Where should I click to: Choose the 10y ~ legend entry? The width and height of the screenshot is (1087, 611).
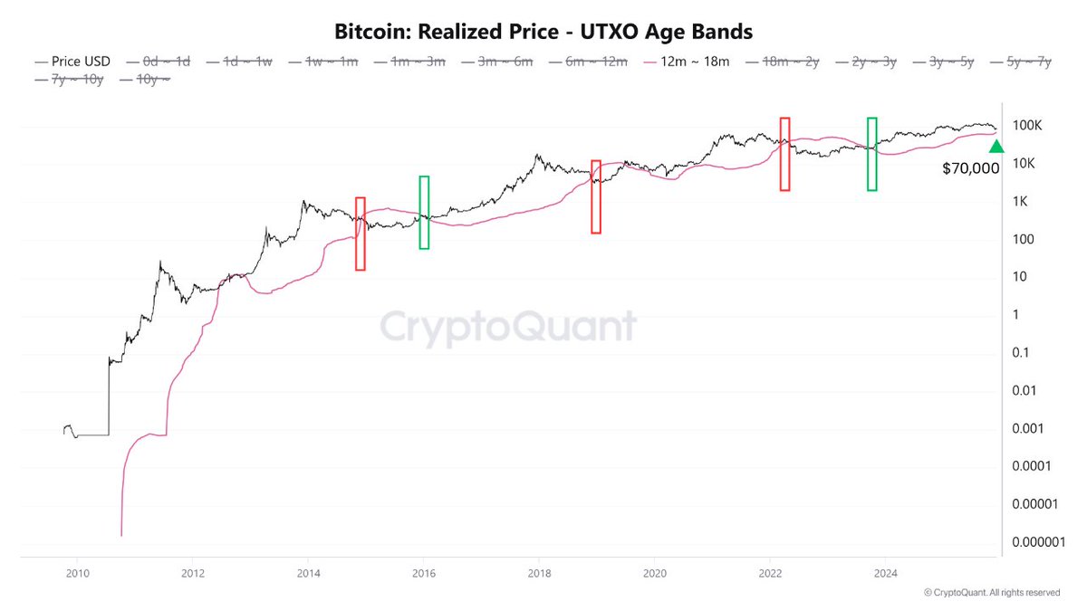[145, 80]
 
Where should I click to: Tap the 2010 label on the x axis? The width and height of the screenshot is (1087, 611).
[77, 572]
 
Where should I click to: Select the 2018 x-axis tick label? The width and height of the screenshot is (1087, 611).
[539, 572]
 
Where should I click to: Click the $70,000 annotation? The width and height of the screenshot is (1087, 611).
[970, 168]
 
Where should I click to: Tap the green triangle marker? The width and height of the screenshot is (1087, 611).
[996, 146]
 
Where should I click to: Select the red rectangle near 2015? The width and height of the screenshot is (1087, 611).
[361, 234]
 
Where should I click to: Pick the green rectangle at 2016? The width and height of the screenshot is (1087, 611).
[424, 213]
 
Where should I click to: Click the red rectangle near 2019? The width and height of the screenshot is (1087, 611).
[596, 197]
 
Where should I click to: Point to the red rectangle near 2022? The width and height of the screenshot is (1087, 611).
[784, 154]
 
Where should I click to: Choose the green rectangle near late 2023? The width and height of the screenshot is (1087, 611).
[871, 154]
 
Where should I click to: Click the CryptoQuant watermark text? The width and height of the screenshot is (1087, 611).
[506, 326]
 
